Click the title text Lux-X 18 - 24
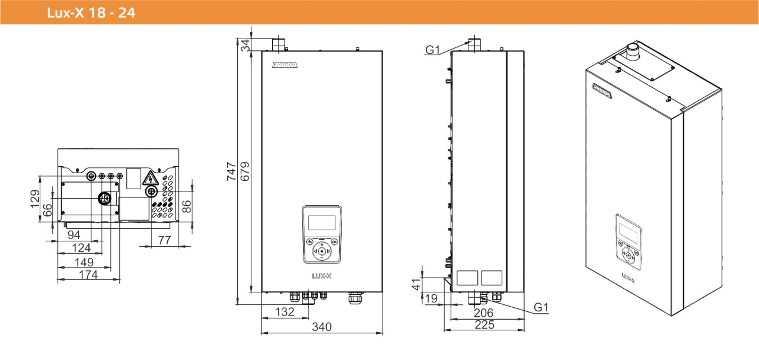[91, 12]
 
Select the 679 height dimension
[245, 171]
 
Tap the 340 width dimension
[322, 327]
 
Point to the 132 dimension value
[286, 312]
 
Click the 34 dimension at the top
[245, 44]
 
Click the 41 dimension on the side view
[416, 283]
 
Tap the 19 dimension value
[431, 298]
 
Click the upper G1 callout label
[433, 50]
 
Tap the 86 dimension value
[186, 206]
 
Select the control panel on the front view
[321, 235]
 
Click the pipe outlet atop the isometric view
[633, 49]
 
